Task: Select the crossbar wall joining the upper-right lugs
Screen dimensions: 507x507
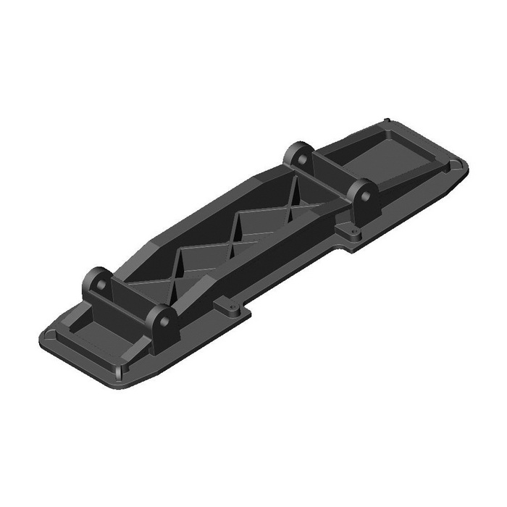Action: coord(330,174)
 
